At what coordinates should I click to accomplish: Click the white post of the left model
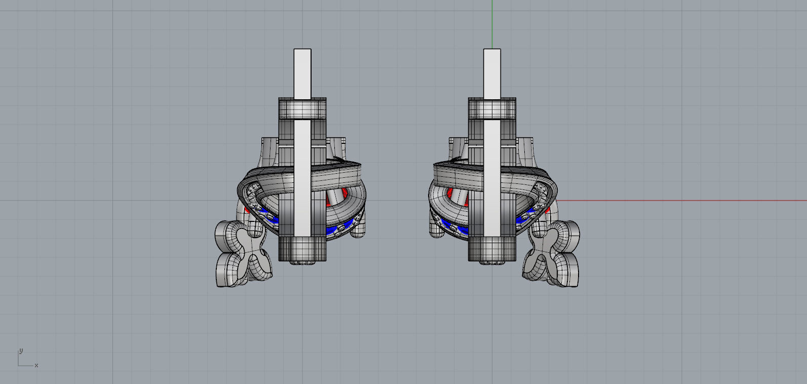click(x=302, y=76)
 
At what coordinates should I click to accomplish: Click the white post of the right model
click(x=492, y=76)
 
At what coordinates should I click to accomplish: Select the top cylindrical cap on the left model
click(x=302, y=108)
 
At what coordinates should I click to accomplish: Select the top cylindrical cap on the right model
click(x=492, y=108)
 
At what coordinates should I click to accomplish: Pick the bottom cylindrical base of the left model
click(x=302, y=249)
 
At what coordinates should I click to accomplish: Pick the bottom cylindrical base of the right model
click(x=492, y=249)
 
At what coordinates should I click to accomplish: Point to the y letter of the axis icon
click(x=21, y=351)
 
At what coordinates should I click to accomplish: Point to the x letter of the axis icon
click(x=36, y=365)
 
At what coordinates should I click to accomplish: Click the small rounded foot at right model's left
click(x=437, y=231)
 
